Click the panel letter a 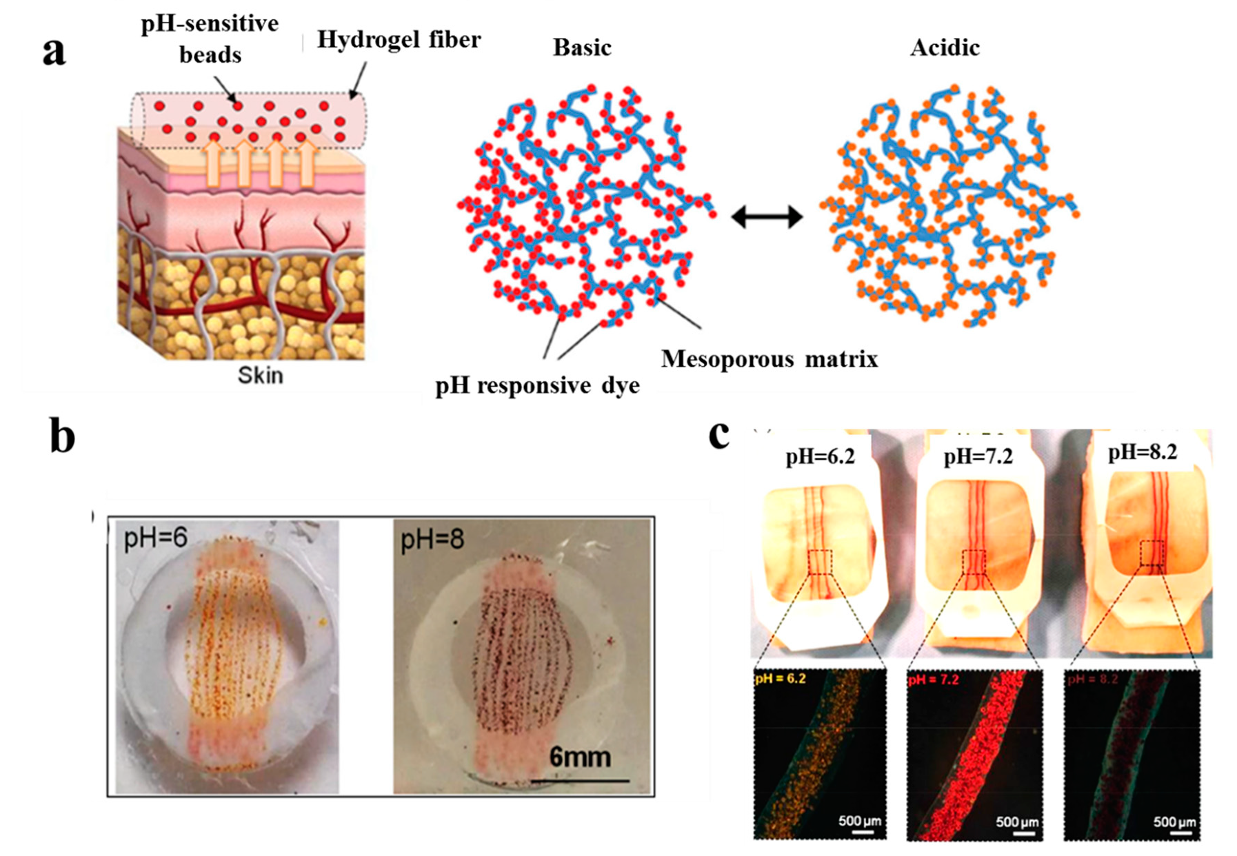pos(54,52)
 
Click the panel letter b pos(62,436)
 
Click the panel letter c pos(719,434)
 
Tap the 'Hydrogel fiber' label pos(399,40)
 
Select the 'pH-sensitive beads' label pos(210,39)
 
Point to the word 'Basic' pos(582,48)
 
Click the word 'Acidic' pos(945,48)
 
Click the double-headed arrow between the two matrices pos(767,217)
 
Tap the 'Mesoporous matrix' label pos(770,359)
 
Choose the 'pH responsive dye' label pos(537,385)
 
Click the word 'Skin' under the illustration pos(260,376)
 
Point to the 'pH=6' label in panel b pos(155,538)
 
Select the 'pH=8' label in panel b pos(432,540)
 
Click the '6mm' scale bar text pos(580,757)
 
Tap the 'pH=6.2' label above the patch pos(820,456)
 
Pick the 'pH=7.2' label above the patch pos(978,456)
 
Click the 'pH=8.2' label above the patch pos(1143,453)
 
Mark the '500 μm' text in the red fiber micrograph pos(1017,822)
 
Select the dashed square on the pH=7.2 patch pos(974,562)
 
